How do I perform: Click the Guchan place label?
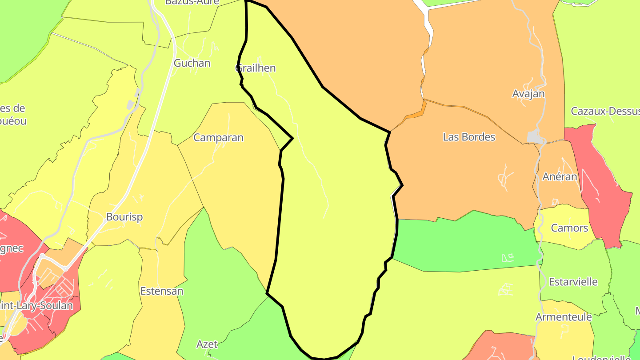click(x=192, y=63)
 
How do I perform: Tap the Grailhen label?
click(x=255, y=68)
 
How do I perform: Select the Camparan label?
click(x=219, y=137)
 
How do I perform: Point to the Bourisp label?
click(x=124, y=217)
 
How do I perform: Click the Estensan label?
click(x=162, y=291)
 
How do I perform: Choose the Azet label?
click(x=207, y=344)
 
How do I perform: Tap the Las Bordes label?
click(x=469, y=137)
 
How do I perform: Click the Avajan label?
click(x=528, y=94)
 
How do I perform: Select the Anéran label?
click(x=560, y=176)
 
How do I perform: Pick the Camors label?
click(x=569, y=228)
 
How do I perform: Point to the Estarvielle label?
click(x=573, y=282)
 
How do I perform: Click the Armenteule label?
click(x=564, y=317)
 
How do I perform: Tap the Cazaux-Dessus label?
click(x=605, y=111)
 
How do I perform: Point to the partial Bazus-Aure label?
click(x=192, y=2)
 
